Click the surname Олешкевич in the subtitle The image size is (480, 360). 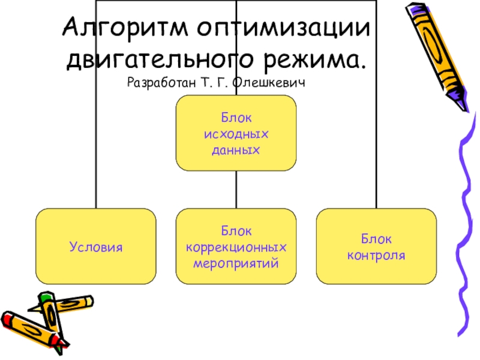(272, 82)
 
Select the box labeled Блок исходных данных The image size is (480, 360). (236, 133)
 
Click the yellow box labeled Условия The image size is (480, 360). (96, 246)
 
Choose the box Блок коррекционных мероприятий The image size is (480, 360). (236, 246)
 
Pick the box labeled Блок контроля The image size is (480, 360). (376, 246)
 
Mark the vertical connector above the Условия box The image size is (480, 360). (96, 150)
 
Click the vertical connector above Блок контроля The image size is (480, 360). (376, 150)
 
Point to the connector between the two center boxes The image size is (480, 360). (236, 190)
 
